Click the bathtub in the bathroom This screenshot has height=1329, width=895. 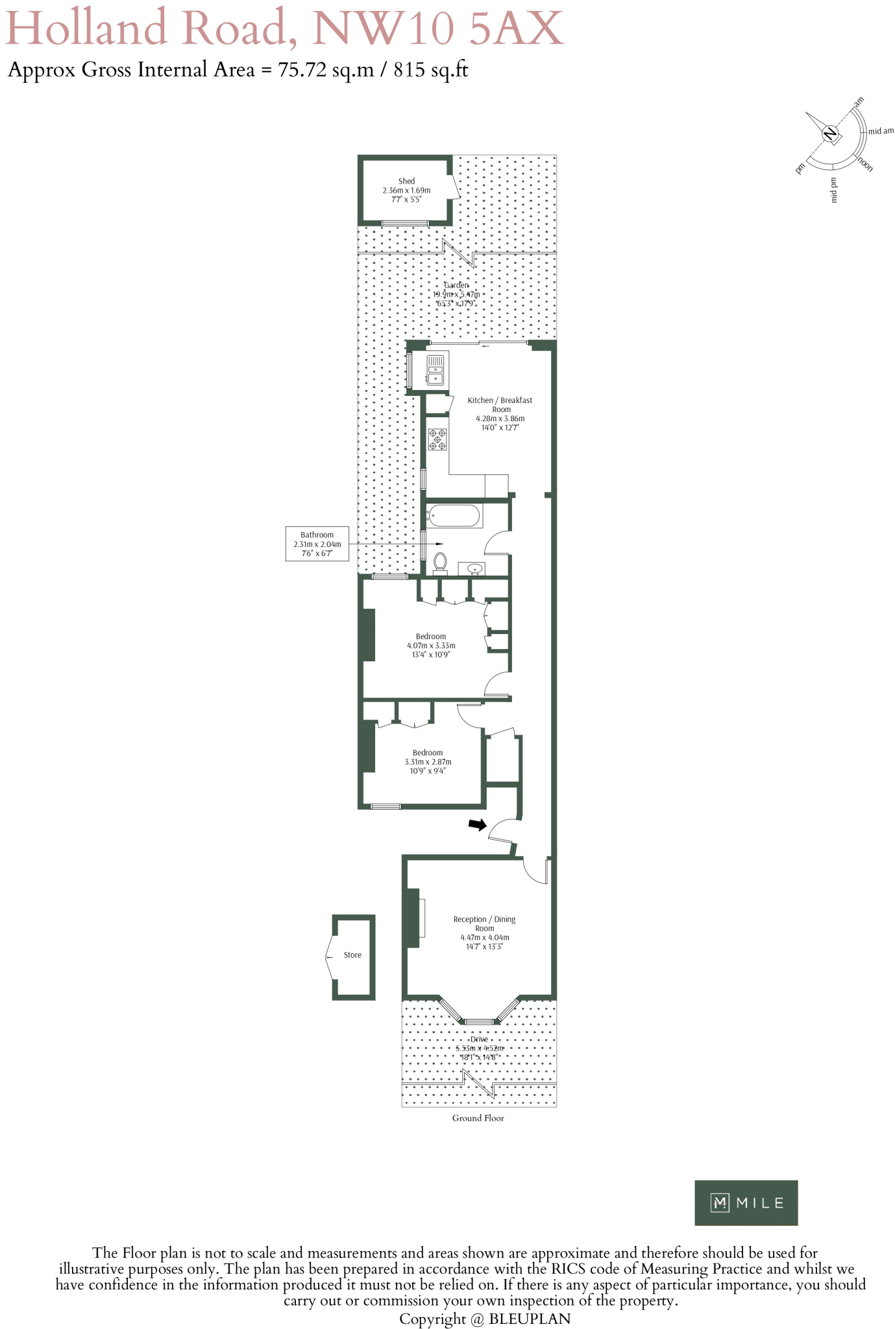[454, 516]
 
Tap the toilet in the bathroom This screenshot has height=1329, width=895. [440, 563]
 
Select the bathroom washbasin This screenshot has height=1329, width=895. [474, 569]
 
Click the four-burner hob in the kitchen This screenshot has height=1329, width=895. [437, 439]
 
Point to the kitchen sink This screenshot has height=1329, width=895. [435, 369]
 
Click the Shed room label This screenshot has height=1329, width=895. [406, 190]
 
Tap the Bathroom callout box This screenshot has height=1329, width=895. [317, 544]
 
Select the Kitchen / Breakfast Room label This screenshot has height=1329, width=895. [500, 413]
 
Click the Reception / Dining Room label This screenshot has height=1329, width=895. [484, 933]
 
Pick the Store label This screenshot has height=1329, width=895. [352, 955]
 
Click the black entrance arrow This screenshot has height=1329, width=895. [478, 825]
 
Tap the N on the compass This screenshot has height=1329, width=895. [829, 134]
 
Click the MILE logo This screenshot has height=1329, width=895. [746, 1202]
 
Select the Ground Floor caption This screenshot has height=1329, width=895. [478, 1117]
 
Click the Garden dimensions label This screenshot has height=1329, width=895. [456, 295]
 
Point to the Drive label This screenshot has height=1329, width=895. [479, 1039]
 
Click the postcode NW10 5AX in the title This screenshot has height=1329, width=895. [438, 29]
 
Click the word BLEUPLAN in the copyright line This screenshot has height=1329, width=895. [530, 1319]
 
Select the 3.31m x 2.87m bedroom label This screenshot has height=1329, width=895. [428, 762]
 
